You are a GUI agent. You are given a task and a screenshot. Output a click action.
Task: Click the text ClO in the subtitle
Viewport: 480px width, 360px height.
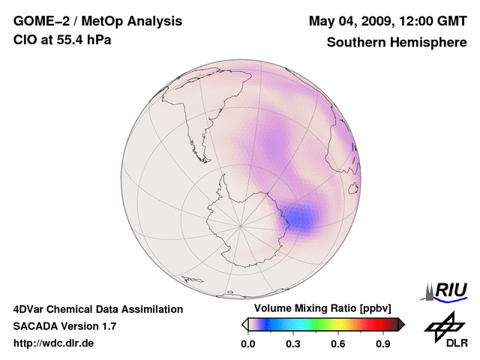(x=25, y=39)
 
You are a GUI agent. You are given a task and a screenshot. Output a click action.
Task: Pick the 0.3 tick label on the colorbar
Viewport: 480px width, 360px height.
(x=293, y=344)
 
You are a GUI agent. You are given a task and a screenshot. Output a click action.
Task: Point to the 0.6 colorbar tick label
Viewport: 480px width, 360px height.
(x=338, y=344)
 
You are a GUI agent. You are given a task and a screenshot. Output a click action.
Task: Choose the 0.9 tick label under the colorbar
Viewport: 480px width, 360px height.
(x=383, y=344)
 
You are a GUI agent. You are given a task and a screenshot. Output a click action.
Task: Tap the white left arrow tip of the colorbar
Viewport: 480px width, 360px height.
(x=244, y=324)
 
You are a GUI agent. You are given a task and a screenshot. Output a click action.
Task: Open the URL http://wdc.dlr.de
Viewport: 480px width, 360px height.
(x=54, y=343)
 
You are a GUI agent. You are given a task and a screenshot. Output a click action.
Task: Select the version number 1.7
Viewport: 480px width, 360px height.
(x=108, y=326)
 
